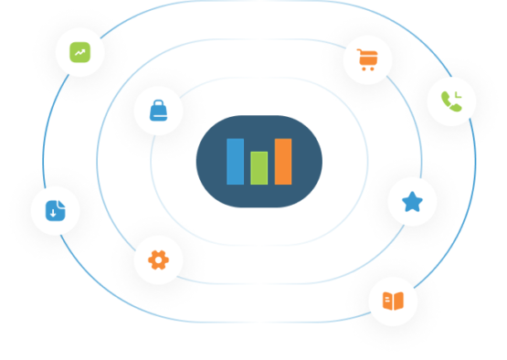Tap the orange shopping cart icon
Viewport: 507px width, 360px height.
pyautogui.click(x=366, y=61)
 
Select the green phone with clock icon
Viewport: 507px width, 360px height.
pyautogui.click(x=451, y=101)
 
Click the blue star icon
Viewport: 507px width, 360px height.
pyautogui.click(x=412, y=202)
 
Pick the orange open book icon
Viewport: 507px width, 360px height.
pyautogui.click(x=393, y=301)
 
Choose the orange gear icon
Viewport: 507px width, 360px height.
pyautogui.click(x=158, y=259)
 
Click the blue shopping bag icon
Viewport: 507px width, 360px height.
pyautogui.click(x=158, y=111)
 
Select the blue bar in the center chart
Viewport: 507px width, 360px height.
pyautogui.click(x=236, y=162)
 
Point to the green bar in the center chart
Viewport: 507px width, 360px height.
pyautogui.click(x=259, y=167)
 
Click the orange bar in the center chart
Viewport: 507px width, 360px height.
pyautogui.click(x=282, y=161)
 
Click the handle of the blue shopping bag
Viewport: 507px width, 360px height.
pyautogui.click(x=158, y=103)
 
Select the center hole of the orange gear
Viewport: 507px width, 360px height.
pyautogui.click(x=158, y=259)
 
